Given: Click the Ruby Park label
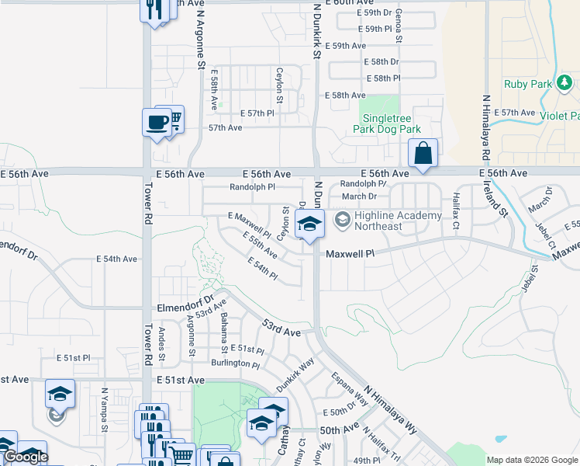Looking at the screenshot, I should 526,84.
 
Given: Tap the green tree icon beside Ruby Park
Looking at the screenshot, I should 565,82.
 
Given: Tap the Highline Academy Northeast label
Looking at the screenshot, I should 398,221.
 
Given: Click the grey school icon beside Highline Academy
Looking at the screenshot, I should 341,221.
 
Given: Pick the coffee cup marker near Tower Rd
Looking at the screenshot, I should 157,122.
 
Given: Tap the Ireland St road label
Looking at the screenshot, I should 501,199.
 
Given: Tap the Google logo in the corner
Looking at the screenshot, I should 26,457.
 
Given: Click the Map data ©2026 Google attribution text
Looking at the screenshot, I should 532,460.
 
